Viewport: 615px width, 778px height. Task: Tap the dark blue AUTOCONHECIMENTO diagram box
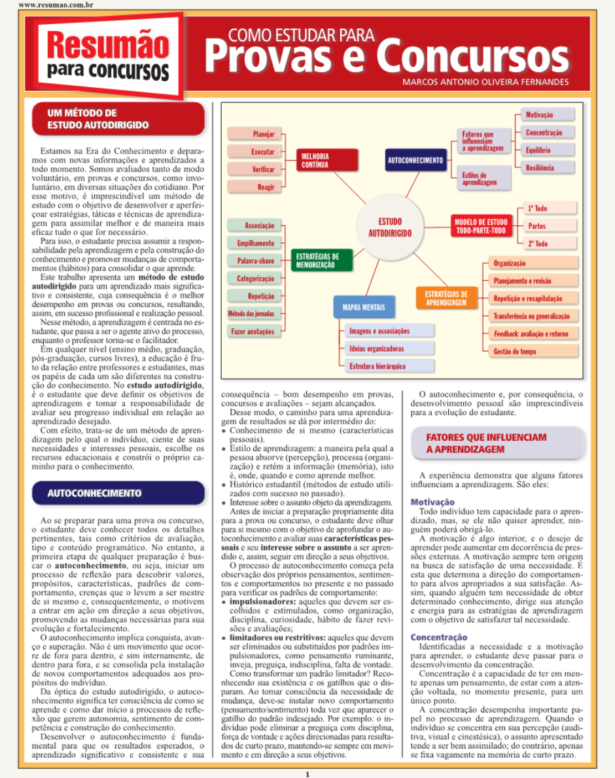415,160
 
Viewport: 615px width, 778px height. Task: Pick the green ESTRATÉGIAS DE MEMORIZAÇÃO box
321,261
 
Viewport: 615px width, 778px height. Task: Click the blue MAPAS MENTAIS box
364,306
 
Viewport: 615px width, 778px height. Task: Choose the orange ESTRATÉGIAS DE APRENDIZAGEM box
446,299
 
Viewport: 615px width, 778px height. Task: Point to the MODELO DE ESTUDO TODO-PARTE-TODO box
481,227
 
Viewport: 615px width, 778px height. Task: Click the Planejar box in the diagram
255,134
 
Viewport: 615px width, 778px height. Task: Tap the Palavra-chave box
255,261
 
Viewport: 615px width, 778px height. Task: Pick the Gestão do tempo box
533,352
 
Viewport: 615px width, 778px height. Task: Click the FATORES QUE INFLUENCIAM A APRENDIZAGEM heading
486,443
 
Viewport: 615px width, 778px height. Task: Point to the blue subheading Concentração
438,637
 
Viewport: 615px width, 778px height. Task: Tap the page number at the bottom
307,773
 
